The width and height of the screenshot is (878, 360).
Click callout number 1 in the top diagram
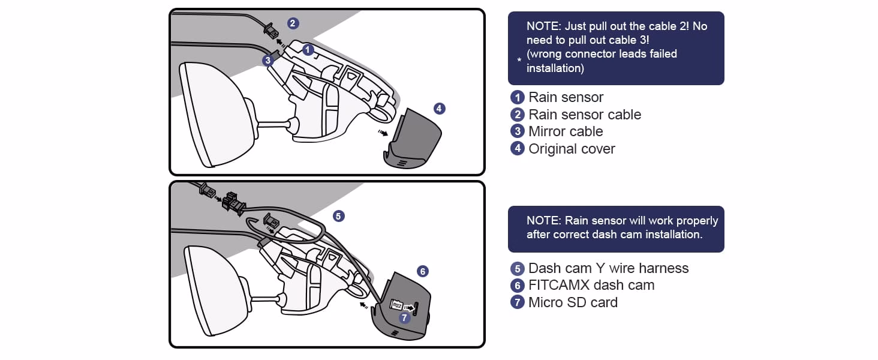point(308,50)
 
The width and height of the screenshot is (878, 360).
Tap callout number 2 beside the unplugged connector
point(293,23)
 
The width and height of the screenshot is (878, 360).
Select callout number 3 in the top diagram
point(268,60)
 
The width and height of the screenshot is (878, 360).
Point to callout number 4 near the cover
point(439,109)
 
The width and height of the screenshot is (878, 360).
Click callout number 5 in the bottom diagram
point(339,216)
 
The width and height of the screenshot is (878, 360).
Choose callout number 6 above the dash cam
point(422,271)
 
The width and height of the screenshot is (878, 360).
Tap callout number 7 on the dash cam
point(405,318)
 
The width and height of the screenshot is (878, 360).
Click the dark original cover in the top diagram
point(414,138)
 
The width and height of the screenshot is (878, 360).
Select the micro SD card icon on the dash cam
point(396,305)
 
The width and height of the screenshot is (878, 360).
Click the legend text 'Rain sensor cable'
point(584,115)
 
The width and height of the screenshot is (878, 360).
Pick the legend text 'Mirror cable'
point(566,131)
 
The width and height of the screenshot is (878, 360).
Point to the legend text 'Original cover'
point(572,149)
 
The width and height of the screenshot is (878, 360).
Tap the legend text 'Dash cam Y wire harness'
point(608,268)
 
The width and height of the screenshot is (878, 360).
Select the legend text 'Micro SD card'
point(573,302)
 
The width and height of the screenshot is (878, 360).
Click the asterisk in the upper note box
point(519,61)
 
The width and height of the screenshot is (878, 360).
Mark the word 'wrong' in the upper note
point(546,53)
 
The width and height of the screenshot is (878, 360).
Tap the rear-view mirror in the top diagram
point(213,114)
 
